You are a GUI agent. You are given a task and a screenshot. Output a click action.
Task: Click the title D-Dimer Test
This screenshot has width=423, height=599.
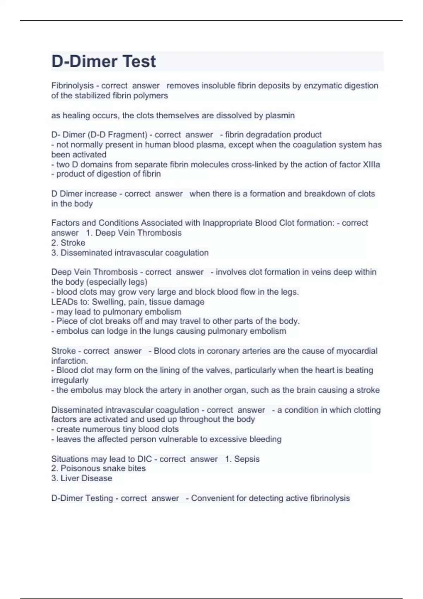click(x=104, y=61)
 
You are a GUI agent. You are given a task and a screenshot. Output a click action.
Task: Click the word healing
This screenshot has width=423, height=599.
click(x=75, y=116)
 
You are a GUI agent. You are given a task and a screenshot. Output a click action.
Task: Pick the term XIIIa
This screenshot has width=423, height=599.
click(x=371, y=165)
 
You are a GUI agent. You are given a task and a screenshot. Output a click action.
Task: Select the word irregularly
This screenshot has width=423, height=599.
click(x=70, y=380)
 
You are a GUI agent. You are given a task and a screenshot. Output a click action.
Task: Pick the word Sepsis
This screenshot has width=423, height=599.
click(x=247, y=459)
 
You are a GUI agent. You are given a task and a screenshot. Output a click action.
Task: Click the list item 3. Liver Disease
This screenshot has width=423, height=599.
click(x=82, y=478)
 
